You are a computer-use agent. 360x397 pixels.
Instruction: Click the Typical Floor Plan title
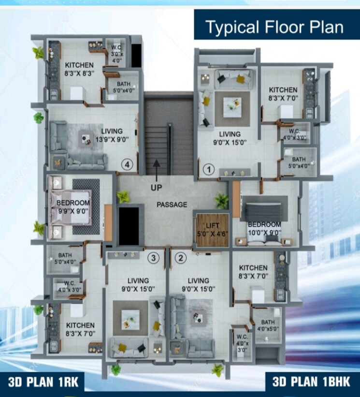point(274,27)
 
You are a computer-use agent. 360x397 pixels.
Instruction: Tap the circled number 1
point(209,170)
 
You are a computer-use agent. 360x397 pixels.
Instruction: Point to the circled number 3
point(154,258)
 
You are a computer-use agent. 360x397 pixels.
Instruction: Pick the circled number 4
point(127,165)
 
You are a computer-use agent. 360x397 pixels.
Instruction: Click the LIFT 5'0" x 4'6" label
point(211,228)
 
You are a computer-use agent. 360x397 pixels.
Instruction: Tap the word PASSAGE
point(172,205)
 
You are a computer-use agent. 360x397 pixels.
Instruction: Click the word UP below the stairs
point(156,187)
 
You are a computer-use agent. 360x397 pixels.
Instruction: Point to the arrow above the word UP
point(156,168)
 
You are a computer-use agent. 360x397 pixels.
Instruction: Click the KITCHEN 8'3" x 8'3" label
point(80,69)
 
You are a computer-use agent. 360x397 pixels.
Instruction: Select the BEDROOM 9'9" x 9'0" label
point(73,206)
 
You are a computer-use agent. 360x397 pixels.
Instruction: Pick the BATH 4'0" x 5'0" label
point(268,326)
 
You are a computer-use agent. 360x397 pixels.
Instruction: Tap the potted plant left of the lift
point(222,200)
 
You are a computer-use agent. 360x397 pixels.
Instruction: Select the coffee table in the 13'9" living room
point(86,140)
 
